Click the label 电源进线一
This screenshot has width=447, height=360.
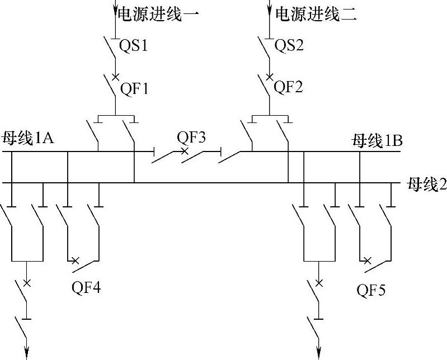tap(157, 15)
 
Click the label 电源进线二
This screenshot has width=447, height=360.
tap(316, 15)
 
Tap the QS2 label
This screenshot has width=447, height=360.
tap(289, 45)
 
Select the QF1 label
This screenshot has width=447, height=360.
tap(135, 88)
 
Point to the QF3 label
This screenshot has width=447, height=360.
tap(191, 137)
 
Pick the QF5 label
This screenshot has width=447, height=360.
tap(371, 290)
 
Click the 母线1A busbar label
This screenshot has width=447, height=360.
tap(28, 138)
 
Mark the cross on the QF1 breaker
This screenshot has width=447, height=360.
tap(116, 76)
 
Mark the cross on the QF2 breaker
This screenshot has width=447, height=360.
tap(270, 76)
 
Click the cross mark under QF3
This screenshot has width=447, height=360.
tap(184, 151)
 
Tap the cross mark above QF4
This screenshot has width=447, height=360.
tap(75, 260)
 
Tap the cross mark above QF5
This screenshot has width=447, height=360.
tap(367, 260)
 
